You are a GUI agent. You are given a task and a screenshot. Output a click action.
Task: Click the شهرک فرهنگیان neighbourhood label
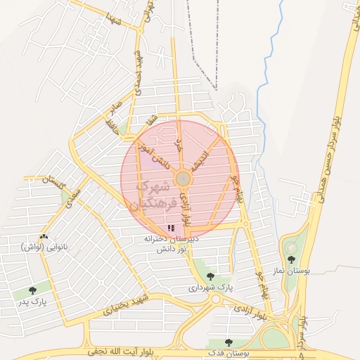149,195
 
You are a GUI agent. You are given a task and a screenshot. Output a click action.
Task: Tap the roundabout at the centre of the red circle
182,179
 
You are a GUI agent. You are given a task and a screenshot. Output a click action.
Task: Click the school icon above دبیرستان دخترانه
172,229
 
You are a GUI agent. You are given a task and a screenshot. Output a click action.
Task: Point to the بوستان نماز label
291,270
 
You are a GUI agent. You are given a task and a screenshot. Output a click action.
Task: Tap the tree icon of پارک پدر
32,290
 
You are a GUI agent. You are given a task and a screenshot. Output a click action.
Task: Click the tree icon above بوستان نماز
291,259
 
